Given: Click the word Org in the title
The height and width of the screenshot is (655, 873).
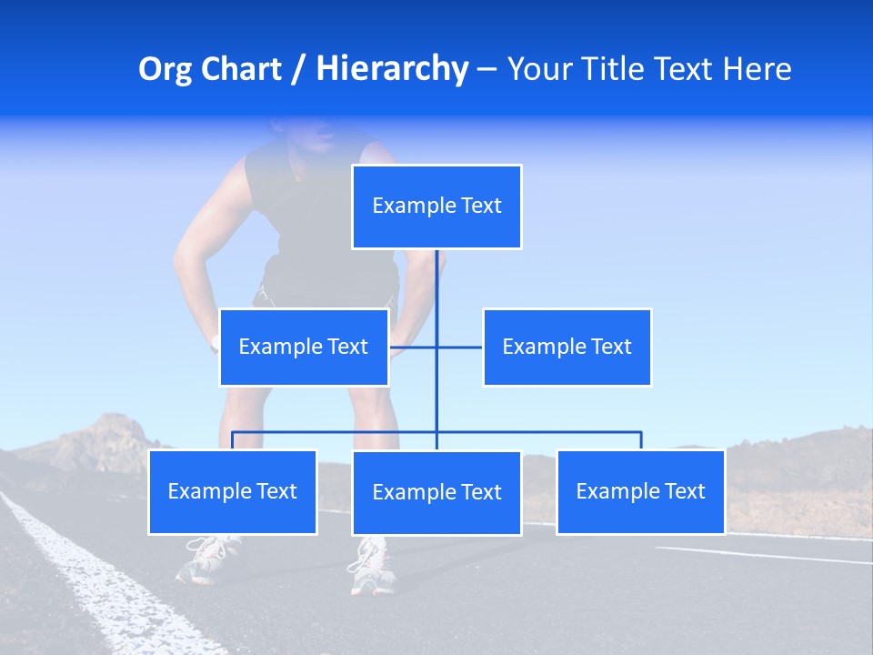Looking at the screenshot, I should coord(166,70).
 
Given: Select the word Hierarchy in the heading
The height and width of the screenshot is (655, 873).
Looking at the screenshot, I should coord(392,70).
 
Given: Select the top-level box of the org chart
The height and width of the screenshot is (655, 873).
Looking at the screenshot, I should coord(436,207).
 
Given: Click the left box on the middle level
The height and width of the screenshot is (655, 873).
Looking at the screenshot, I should coord(304,347).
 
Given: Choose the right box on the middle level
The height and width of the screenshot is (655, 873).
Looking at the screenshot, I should coord(567,347).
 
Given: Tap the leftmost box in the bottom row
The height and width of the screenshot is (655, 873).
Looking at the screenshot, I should coord(232,492).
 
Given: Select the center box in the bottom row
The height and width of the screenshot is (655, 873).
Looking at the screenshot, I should coord(436,493).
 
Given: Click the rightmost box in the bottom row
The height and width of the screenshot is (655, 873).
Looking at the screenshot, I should coord(640,492).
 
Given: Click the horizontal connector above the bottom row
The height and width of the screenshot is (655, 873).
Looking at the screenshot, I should coord(546,432).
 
